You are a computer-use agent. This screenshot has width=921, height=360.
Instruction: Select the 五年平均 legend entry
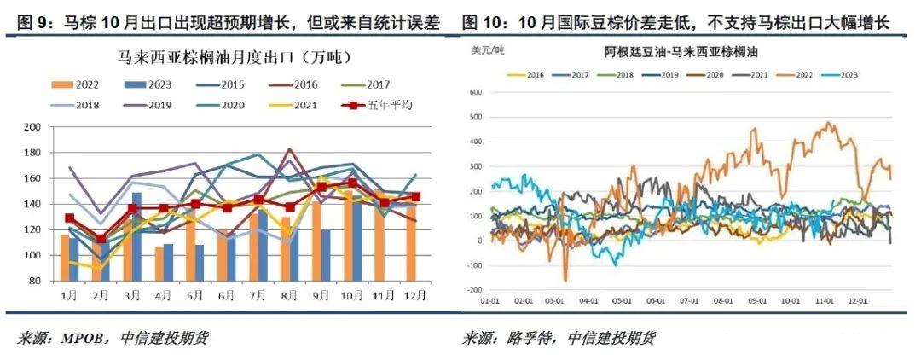point(376,106)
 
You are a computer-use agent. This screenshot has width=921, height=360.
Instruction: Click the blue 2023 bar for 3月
point(136,236)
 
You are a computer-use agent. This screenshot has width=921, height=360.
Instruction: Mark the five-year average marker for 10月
point(351,183)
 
